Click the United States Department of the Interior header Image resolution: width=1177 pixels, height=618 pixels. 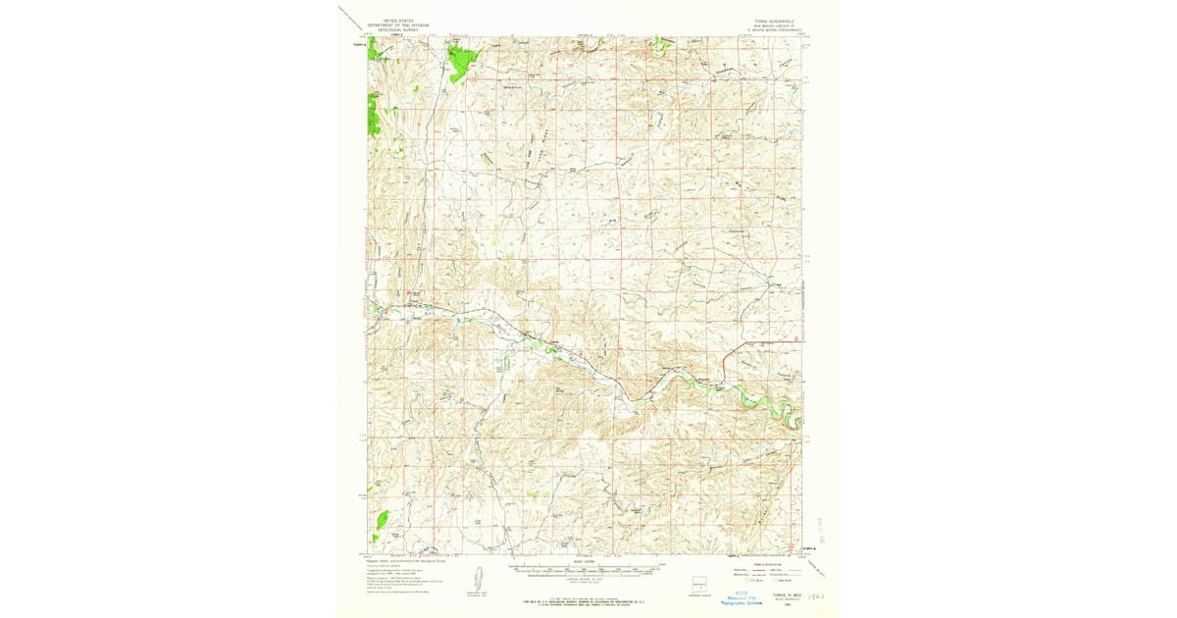392,25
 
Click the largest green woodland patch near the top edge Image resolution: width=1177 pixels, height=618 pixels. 459,61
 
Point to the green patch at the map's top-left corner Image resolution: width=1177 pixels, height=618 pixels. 376,49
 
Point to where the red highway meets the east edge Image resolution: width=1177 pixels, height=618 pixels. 802,340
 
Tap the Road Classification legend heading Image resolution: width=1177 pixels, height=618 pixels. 763,562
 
